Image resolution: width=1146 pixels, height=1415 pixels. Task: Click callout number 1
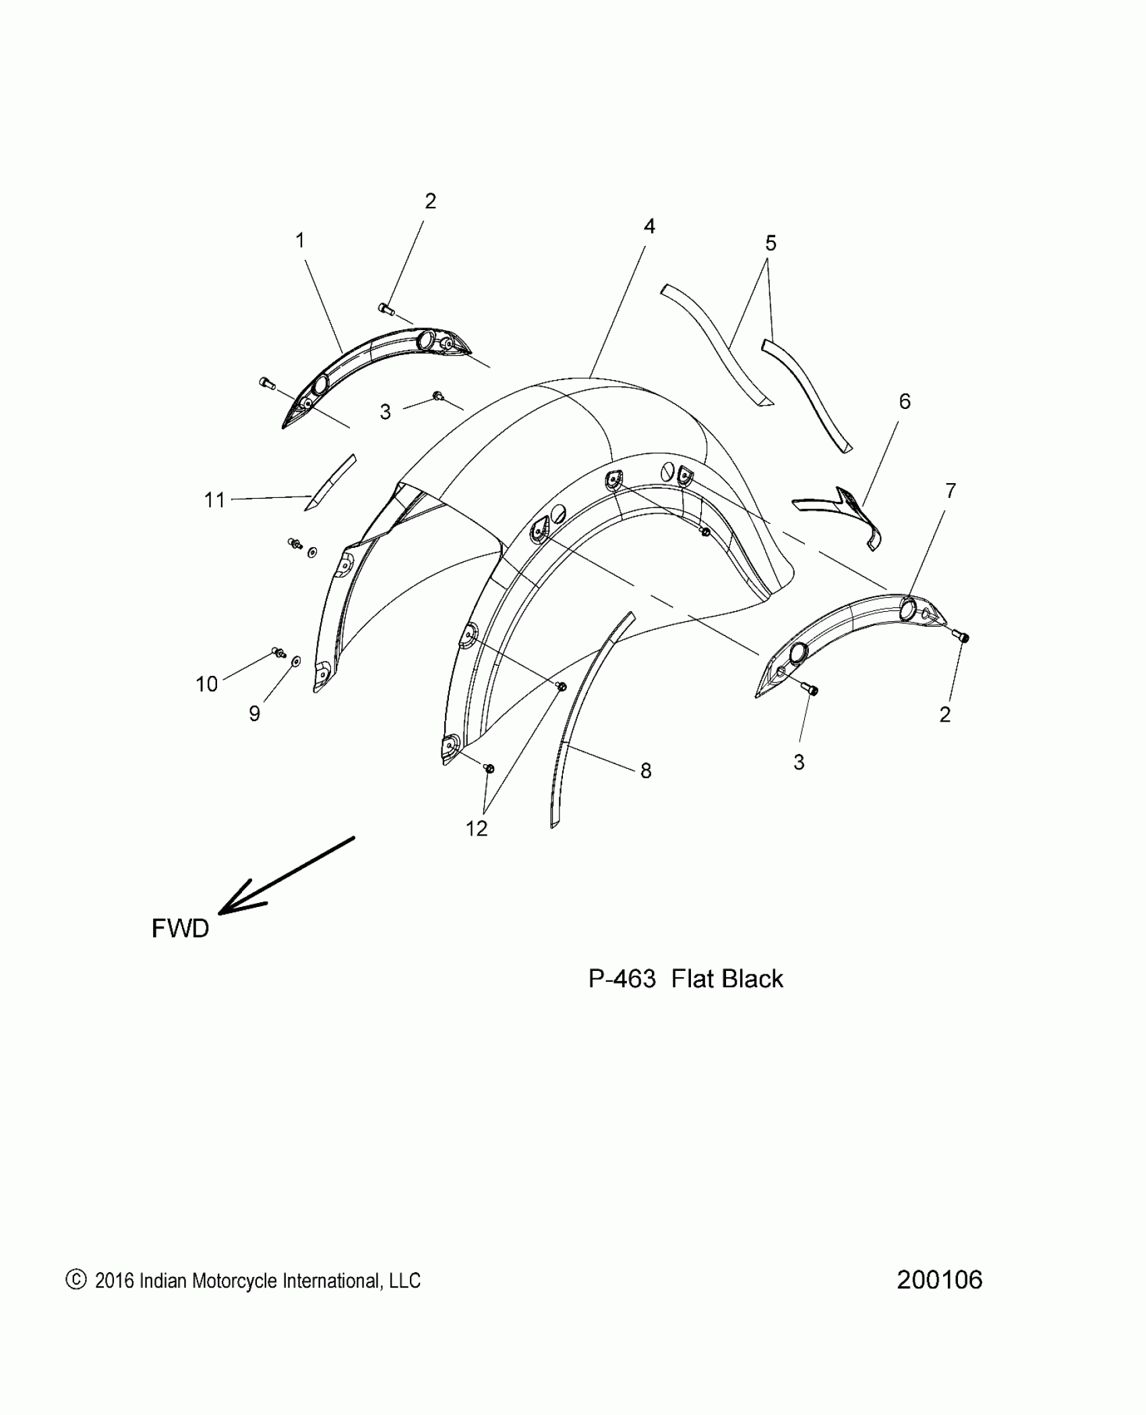click(x=300, y=241)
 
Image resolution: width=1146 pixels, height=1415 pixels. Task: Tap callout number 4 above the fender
click(x=649, y=226)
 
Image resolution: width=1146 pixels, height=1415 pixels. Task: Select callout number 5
click(x=771, y=243)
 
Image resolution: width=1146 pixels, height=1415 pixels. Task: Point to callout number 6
click(x=905, y=402)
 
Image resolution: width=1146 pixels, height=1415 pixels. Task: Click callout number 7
click(x=950, y=491)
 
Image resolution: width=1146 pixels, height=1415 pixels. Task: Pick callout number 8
click(x=646, y=771)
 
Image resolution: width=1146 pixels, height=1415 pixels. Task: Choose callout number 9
click(x=254, y=714)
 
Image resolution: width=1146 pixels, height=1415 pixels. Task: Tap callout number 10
click(x=207, y=684)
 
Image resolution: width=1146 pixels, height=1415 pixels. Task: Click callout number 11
click(x=214, y=500)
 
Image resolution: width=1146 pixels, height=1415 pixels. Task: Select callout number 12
click(x=477, y=828)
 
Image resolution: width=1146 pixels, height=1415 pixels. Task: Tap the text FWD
click(x=180, y=929)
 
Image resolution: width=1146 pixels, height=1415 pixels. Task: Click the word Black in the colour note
click(x=753, y=979)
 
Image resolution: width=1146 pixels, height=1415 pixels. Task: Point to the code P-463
click(x=622, y=979)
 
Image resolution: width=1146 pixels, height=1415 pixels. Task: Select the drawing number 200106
click(x=939, y=1280)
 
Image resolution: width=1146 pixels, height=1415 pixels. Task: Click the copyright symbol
click(x=76, y=1280)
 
